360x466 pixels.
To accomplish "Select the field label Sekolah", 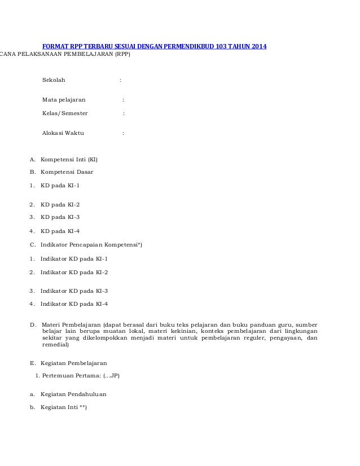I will pos(54,80).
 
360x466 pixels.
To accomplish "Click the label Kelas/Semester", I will pos(65,113).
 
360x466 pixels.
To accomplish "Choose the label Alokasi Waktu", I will pos(63,133).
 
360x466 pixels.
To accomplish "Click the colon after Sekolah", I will pos(120,80).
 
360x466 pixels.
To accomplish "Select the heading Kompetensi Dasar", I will pos(67,172).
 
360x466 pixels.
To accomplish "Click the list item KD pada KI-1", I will pos(60,184).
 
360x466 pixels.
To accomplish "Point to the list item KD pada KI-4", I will pos(60,230).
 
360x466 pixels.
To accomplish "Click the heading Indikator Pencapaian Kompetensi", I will pos(90,244).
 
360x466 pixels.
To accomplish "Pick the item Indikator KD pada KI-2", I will pos(74,272).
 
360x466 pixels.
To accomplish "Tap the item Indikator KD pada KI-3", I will pos(74,291).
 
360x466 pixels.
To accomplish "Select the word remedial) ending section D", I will pos(55,344).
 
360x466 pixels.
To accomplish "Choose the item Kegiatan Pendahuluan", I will pos(73,394).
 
